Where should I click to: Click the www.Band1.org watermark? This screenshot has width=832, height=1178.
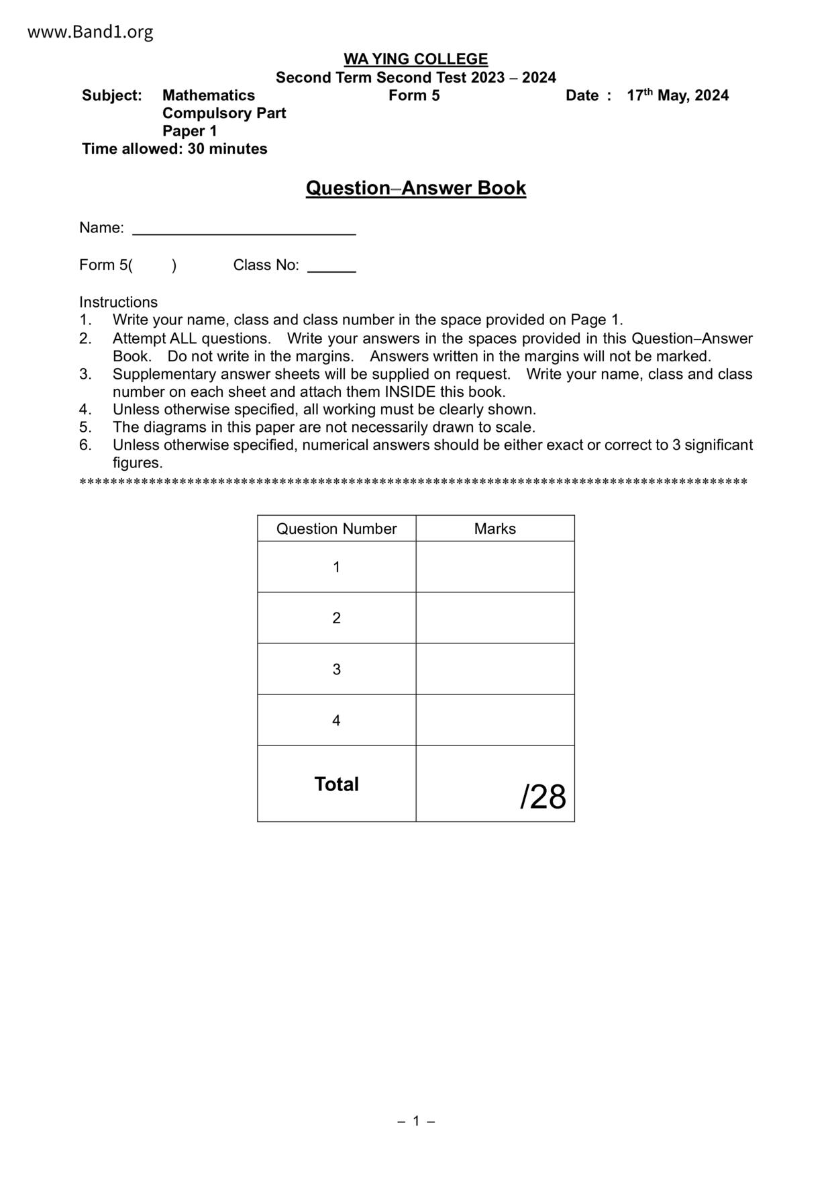(90, 32)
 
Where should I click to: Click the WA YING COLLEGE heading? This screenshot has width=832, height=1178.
(415, 59)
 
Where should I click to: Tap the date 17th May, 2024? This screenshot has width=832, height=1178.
(677, 95)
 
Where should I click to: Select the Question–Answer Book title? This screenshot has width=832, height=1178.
(415, 188)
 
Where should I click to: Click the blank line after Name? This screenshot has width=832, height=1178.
(244, 230)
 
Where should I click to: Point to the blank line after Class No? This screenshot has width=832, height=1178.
(331, 267)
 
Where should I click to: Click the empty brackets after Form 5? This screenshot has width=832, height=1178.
(153, 265)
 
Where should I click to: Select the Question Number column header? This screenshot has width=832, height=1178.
(336, 529)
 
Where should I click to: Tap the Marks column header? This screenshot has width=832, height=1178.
(495, 529)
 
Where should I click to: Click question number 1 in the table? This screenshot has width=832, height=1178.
(336, 567)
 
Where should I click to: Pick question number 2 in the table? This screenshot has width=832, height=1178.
(336, 618)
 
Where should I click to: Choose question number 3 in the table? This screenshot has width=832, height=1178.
(336, 669)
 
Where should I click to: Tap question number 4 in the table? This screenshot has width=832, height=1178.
(336, 720)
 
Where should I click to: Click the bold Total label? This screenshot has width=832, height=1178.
(336, 784)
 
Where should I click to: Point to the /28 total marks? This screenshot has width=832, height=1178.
(543, 797)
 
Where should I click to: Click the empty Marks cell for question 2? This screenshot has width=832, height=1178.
(495, 618)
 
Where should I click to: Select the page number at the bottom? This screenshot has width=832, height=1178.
(416, 1121)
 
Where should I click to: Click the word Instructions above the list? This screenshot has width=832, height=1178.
(118, 302)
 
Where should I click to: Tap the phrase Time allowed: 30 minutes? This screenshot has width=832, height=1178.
(174, 149)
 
